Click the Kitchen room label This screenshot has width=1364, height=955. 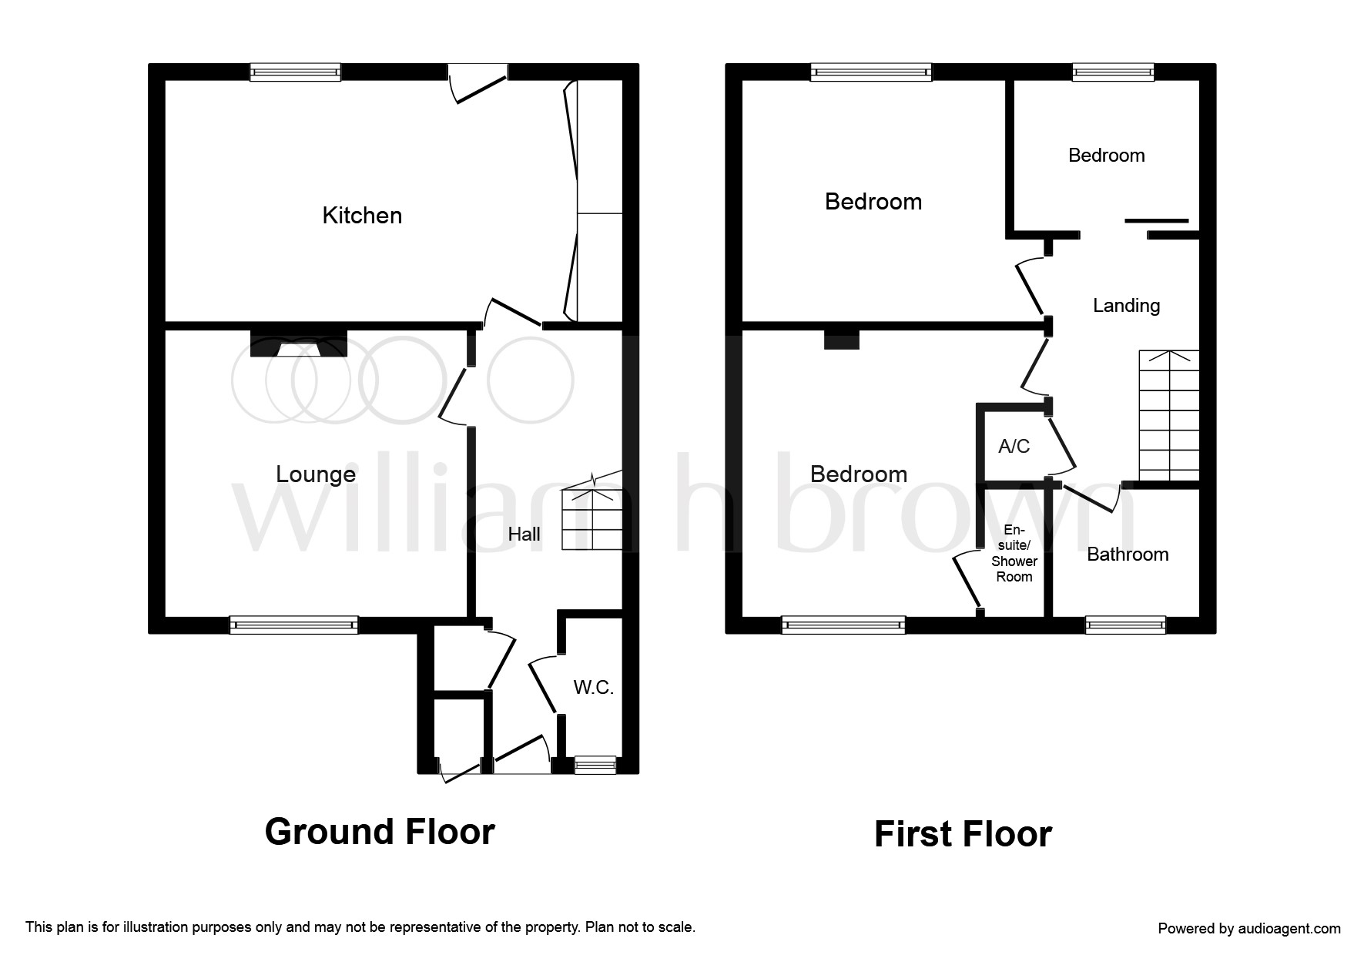pyautogui.click(x=362, y=216)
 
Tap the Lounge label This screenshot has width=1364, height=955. pyautogui.click(x=316, y=474)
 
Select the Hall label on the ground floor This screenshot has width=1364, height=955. pyautogui.click(x=524, y=534)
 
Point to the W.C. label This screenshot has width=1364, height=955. pyautogui.click(x=593, y=688)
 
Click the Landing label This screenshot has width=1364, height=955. pyautogui.click(x=1126, y=307)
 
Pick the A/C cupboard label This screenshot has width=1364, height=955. pyautogui.click(x=1014, y=447)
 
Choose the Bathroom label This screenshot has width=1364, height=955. pyautogui.click(x=1128, y=555)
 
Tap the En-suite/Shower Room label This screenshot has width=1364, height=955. pyautogui.click(x=1014, y=554)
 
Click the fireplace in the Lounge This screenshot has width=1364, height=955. pyautogui.click(x=299, y=343)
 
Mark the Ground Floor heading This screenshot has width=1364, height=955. pyautogui.click(x=380, y=832)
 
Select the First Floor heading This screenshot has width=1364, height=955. pyautogui.click(x=963, y=834)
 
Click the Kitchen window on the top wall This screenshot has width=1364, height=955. pyautogui.click(x=295, y=72)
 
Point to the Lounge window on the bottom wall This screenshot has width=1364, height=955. pyautogui.click(x=293, y=625)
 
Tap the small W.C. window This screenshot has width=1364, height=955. pyautogui.click(x=595, y=764)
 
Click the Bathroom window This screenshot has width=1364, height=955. pyautogui.click(x=1125, y=625)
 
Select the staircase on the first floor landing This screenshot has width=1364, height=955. pyautogui.click(x=1169, y=416)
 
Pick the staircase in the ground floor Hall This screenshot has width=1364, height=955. pyautogui.click(x=592, y=510)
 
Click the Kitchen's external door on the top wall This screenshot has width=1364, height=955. pyautogui.click(x=478, y=83)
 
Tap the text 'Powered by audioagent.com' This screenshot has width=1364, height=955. pyautogui.click(x=1249, y=929)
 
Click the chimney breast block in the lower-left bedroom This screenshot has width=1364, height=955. pyautogui.click(x=842, y=340)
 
